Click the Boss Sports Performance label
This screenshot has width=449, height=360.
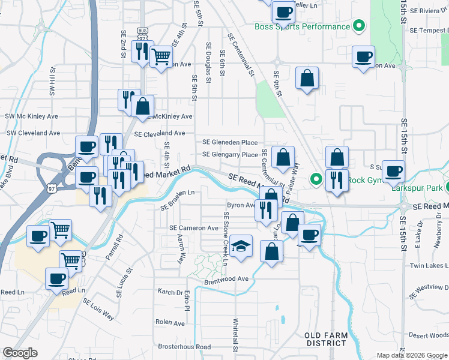[x=302, y=26]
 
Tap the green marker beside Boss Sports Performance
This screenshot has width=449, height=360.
[x=359, y=26]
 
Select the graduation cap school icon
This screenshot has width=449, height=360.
[x=241, y=247]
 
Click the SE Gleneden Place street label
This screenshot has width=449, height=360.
[x=230, y=142]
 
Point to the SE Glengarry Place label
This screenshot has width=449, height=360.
[x=230, y=155]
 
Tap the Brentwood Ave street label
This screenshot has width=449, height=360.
[x=226, y=279]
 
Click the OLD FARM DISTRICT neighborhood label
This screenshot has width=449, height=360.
[x=325, y=339]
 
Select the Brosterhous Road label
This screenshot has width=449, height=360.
[x=184, y=347]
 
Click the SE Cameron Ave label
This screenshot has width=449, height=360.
[x=194, y=229]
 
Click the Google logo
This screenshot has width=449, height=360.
[x=20, y=353]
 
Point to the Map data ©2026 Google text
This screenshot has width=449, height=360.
[x=412, y=355]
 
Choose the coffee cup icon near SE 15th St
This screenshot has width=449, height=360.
[x=393, y=172]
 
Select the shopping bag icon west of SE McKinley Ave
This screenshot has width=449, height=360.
[x=143, y=107]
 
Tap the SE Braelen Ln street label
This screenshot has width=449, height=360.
[x=178, y=200]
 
